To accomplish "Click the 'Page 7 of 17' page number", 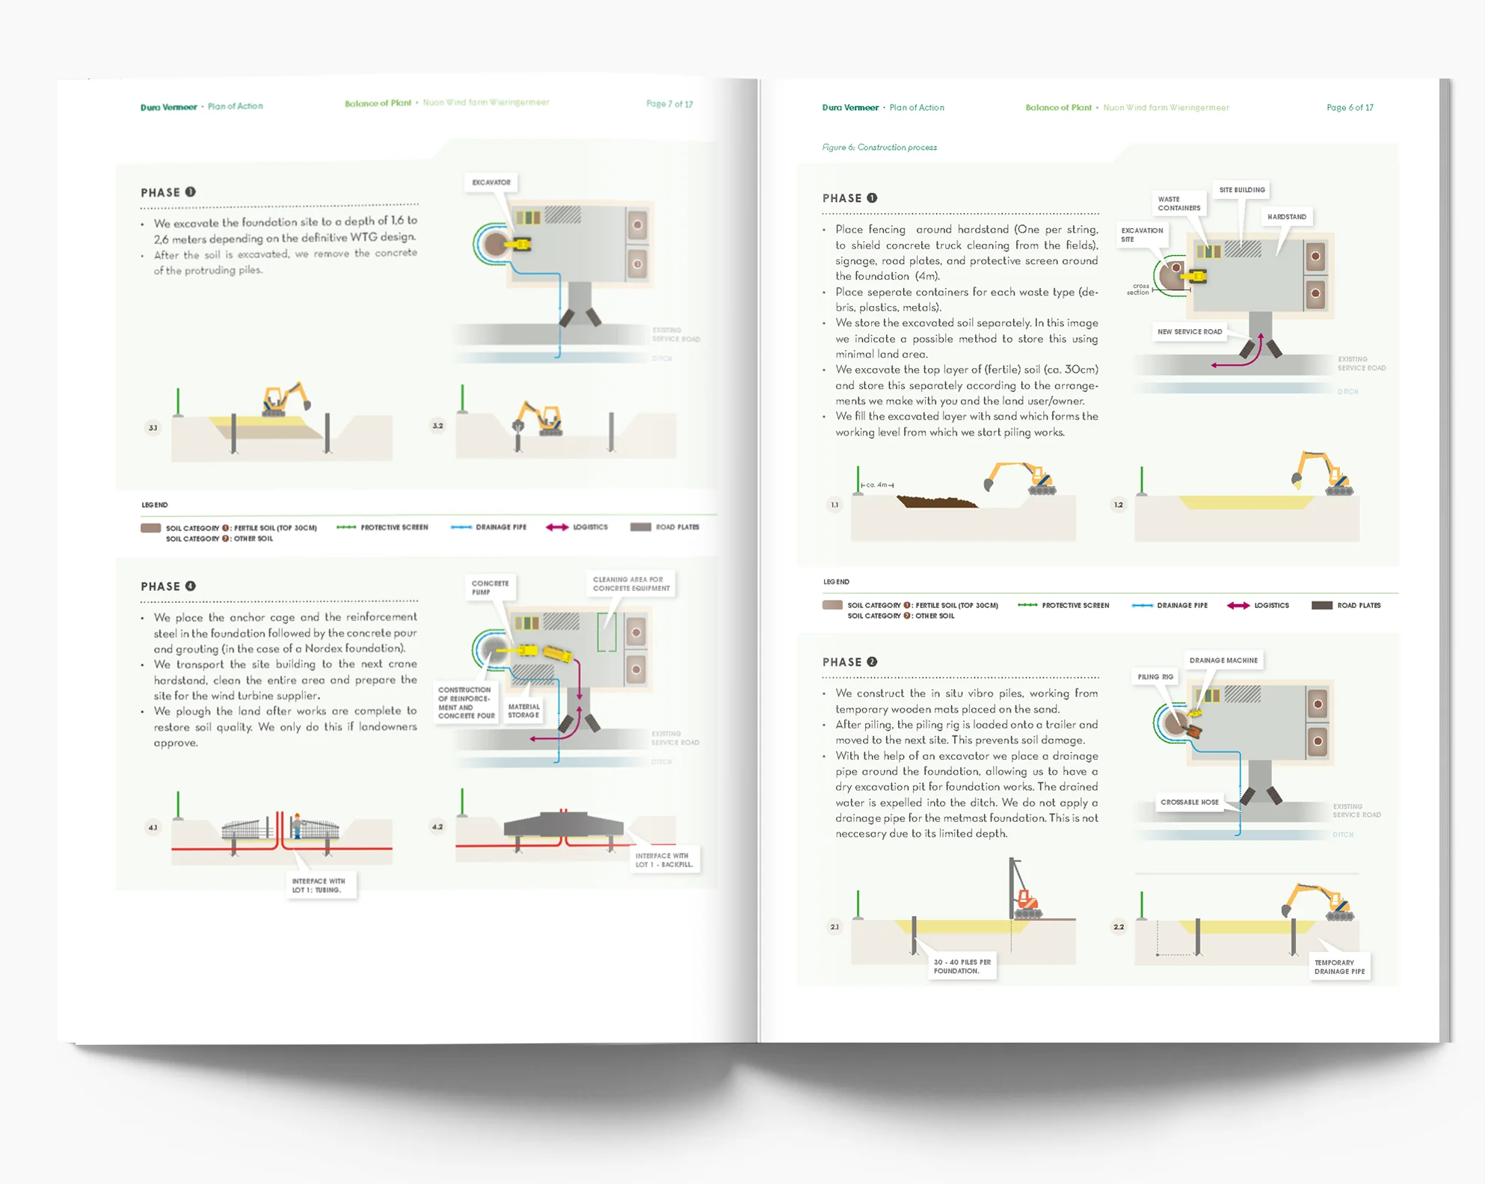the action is pos(669,104).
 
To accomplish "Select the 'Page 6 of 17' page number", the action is pos(1350,108).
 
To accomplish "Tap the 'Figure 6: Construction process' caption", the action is pos(879,147).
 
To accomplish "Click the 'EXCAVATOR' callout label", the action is pos(491,182).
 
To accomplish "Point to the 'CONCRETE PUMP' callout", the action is pos(490,587).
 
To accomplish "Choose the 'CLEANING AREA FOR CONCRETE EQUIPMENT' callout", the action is pos(631,583).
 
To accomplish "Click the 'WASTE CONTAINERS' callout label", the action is pos(1178,203).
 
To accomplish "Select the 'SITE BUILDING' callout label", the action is pos(1242,190).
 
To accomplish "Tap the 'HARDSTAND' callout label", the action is pos(1287,217).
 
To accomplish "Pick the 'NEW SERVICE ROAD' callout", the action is pos(1190,331).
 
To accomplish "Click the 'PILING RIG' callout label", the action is pos(1155,677).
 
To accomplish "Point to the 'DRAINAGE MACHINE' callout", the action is pos(1223,660).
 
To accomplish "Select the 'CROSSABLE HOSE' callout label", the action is pos(1190,802).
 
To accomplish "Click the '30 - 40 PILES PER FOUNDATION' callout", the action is pos(962,966).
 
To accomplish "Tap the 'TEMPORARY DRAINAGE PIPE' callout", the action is pos(1339,967).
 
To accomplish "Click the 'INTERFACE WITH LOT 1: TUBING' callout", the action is pos(319,886).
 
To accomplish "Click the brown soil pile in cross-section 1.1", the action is pos(935,501).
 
